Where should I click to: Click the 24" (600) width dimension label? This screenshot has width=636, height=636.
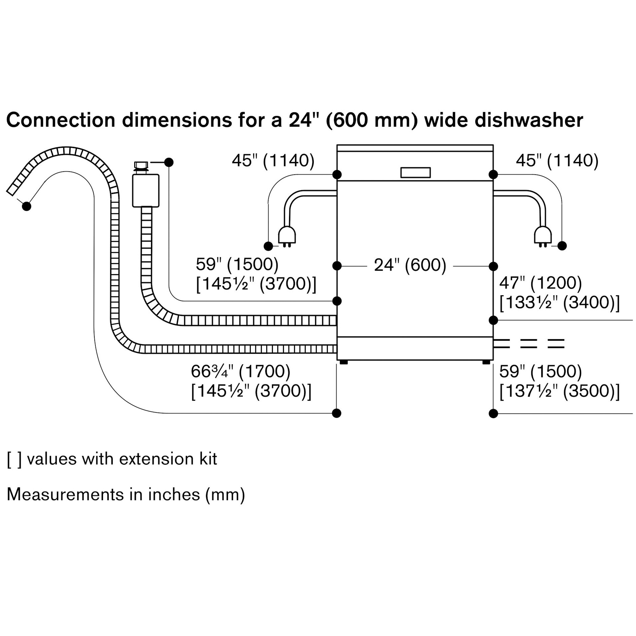410,265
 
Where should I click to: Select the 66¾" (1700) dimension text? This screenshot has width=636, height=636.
241,372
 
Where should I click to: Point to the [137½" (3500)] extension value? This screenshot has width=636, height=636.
559,391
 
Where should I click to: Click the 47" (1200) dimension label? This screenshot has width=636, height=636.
540,283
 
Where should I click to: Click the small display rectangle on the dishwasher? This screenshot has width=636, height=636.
415,172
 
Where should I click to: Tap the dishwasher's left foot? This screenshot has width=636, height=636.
344,362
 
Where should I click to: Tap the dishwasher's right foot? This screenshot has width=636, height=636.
486,362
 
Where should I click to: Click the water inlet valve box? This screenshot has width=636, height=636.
146,190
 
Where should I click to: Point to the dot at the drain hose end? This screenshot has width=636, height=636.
27,206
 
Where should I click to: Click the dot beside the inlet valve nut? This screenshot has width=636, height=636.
169,162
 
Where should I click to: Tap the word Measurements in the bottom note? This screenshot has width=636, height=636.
64,494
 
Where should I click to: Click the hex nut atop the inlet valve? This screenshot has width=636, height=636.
141,165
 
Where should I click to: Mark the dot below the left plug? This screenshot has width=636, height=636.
268,246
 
